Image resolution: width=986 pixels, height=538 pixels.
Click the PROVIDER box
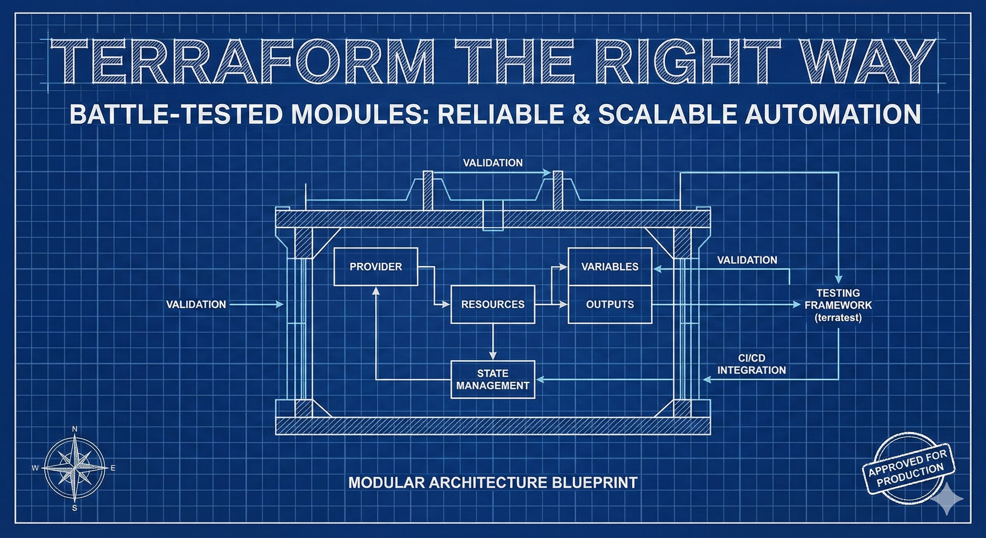click(375, 267)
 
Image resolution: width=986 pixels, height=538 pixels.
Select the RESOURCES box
click(493, 304)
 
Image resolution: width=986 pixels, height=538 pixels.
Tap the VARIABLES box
click(610, 267)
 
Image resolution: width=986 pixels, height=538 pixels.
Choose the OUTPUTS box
click(610, 304)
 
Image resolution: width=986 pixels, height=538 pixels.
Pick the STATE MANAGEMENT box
click(493, 379)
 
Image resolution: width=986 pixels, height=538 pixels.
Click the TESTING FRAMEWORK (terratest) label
click(838, 305)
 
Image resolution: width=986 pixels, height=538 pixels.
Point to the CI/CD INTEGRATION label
click(751, 364)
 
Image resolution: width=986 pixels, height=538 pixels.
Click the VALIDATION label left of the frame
click(196, 304)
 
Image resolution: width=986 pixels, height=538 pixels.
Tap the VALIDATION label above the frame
click(493, 163)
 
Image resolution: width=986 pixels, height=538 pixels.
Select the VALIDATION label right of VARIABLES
click(747, 260)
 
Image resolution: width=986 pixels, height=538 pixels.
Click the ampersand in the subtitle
click(582, 114)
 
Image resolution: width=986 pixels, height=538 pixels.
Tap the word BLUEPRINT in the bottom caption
click(595, 482)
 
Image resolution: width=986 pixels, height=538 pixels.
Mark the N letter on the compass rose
click(75, 429)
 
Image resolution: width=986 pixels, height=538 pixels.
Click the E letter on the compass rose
click(113, 468)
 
